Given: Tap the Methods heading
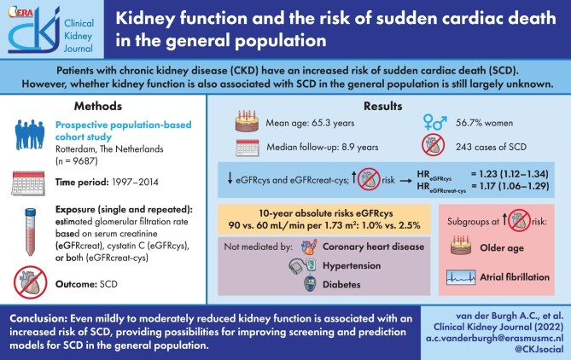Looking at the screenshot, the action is point(98,107).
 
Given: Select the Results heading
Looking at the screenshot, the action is point(382,107).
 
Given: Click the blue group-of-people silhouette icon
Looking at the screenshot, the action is point(30,134).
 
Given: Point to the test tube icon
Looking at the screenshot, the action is point(30,232).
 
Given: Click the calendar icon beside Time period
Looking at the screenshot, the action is point(28,183).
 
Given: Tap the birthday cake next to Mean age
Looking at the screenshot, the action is point(247,121).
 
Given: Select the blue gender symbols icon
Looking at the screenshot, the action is point(434,122).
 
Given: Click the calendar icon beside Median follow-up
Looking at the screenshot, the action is point(248,148).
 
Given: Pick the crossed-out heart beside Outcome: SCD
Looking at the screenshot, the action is point(30,282).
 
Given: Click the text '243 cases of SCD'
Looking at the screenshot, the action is point(491,147).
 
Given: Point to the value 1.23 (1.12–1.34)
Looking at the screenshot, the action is point(510,174).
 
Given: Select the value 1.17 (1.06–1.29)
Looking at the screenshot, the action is point(510,186).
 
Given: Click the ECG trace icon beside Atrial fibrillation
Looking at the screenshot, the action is point(461,277).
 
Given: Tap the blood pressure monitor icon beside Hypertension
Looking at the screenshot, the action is point(302,265).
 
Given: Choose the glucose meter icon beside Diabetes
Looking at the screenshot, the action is point(310,284).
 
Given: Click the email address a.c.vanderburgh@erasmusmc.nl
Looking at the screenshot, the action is point(494,338).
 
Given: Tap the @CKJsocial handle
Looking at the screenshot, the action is point(539,349).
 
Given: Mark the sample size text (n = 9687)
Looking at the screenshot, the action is point(77,161).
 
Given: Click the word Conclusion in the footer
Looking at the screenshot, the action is point(38,319).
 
